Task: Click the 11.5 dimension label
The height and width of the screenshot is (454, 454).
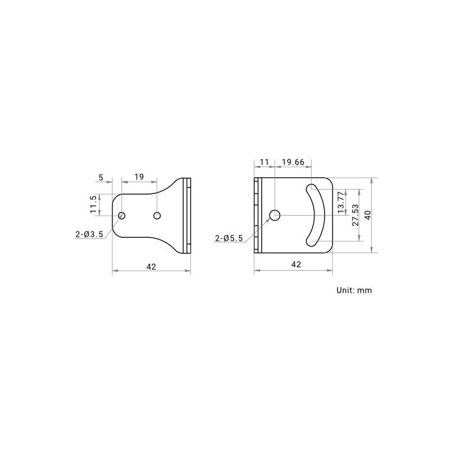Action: [x=93, y=204]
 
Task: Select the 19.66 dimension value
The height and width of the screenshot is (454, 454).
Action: [x=293, y=162]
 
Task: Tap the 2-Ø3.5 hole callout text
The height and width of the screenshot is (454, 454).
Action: [x=89, y=234]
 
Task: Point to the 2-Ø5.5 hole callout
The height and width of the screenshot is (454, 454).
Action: [x=229, y=238]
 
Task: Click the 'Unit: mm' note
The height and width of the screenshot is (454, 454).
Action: [x=354, y=290]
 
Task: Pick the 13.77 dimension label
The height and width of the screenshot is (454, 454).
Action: [x=342, y=202]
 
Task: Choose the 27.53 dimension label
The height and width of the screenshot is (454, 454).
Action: [x=355, y=215]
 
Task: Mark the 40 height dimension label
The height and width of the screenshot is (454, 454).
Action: [x=368, y=215]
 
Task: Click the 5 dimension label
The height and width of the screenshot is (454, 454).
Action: [x=101, y=177]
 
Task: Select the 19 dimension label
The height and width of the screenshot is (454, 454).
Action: [x=139, y=176]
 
